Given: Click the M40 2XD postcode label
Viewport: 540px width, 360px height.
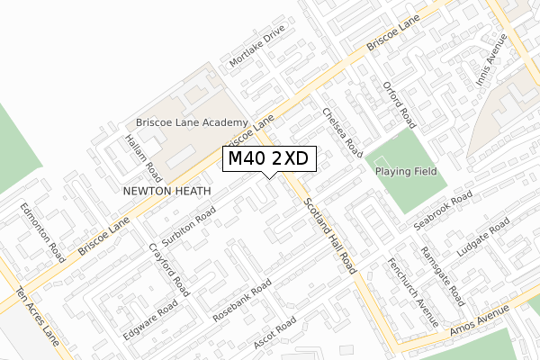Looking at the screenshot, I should tap(268, 158).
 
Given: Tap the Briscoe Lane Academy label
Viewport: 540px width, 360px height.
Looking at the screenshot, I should tap(191, 122).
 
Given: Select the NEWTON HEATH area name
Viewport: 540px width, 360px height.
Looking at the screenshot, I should tap(167, 192).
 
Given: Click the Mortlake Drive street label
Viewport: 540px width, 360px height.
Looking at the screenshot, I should tap(256, 46).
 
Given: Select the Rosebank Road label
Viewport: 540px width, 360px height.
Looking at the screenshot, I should tap(242, 300).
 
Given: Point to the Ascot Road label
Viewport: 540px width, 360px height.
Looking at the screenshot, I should tap(274, 334).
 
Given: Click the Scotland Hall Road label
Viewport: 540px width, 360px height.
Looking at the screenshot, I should tap(330, 236).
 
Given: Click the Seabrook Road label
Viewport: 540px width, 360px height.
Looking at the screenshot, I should tap(443, 209).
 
